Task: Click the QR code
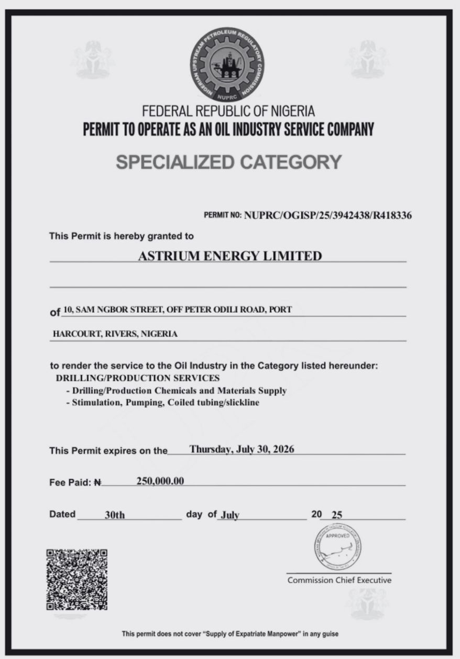[77, 579]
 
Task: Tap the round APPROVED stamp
[338, 547]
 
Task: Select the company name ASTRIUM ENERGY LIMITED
[229, 256]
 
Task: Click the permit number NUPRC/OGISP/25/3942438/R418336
[327, 215]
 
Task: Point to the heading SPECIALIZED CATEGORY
[228, 162]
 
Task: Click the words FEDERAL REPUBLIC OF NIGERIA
[228, 111]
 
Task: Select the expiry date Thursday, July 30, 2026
[242, 449]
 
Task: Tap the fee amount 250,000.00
[160, 481]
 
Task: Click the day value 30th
[115, 515]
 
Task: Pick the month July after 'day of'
[229, 515]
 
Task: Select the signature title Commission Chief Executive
[339, 580]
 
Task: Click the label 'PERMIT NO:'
[222, 215]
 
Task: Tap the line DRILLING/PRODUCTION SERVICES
[138, 378]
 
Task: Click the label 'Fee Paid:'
[70, 482]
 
